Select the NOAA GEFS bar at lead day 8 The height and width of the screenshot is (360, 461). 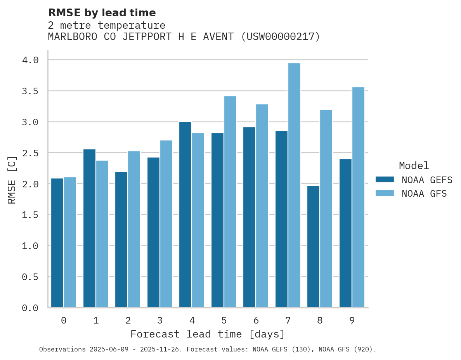[313, 247]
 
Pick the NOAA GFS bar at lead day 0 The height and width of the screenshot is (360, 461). [70, 242]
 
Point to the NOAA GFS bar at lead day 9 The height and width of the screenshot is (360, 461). [358, 197]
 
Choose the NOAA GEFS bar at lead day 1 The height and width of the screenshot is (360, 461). [89, 228]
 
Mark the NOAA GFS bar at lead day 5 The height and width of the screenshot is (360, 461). [230, 202]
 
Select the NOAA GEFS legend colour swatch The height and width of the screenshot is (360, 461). [385, 180]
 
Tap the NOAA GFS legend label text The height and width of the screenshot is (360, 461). [424, 194]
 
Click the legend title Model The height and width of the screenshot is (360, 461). [414, 166]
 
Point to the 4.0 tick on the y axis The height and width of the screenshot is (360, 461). [30, 60]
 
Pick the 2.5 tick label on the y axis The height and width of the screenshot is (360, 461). [30, 153]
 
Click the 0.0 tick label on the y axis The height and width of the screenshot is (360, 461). [30, 308]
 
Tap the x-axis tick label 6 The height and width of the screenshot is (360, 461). [256, 320]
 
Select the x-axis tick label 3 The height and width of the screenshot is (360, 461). [160, 320]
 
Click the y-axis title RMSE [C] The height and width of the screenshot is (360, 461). [12, 180]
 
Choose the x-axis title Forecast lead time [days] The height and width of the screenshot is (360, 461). [208, 334]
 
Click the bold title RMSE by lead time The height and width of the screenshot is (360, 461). [102, 13]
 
